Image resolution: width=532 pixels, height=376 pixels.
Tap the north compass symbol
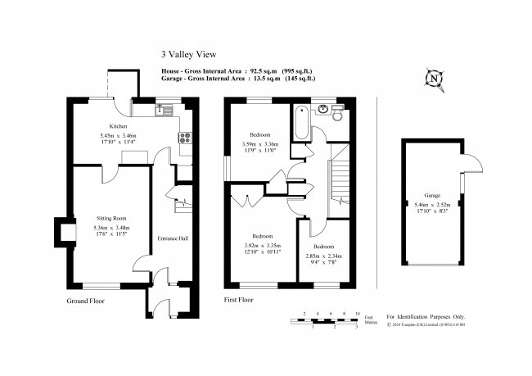(434, 79)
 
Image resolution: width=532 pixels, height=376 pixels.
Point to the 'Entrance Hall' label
(173, 238)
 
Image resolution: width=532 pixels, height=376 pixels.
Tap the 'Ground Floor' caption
(85, 301)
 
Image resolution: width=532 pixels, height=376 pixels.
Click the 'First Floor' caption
(238, 301)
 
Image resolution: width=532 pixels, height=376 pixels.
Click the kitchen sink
(164, 108)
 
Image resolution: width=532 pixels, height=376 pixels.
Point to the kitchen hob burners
(186, 138)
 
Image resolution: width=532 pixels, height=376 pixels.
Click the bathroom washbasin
(322, 108)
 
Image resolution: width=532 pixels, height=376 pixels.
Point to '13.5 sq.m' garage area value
(259, 79)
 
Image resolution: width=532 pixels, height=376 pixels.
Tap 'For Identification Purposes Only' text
(425, 315)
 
